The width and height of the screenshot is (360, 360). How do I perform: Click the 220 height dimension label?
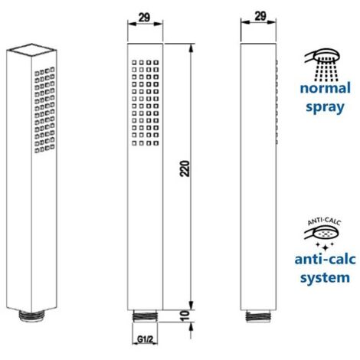tap(185, 169)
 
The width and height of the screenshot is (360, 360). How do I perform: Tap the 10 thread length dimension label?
tap(185, 316)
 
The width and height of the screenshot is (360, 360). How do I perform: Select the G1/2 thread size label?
tap(145, 339)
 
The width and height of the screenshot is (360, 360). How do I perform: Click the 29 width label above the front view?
tap(145, 18)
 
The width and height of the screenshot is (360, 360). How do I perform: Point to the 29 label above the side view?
tap(260, 16)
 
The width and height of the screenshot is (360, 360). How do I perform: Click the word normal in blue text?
tap(326, 88)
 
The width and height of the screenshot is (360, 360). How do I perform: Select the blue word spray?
tap(325, 107)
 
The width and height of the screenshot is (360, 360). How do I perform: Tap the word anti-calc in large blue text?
tap(325, 259)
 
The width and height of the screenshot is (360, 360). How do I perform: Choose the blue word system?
tap(325, 278)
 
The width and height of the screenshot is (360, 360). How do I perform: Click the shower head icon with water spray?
tap(322, 65)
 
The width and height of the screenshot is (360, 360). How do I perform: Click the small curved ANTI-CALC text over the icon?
tap(324, 221)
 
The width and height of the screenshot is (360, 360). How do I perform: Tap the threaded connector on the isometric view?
tap(31, 316)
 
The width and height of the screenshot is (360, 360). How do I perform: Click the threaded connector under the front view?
tap(145, 316)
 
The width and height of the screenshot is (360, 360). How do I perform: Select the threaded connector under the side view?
tap(258, 316)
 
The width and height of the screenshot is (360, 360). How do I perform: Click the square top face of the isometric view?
tap(31, 50)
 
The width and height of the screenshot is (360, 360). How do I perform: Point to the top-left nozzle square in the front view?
tap(134, 63)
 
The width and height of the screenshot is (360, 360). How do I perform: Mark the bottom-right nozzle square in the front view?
tap(156, 143)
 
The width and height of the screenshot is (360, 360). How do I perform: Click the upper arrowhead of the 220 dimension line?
tap(191, 48)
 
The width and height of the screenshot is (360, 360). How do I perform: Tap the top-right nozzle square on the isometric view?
tap(52, 69)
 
